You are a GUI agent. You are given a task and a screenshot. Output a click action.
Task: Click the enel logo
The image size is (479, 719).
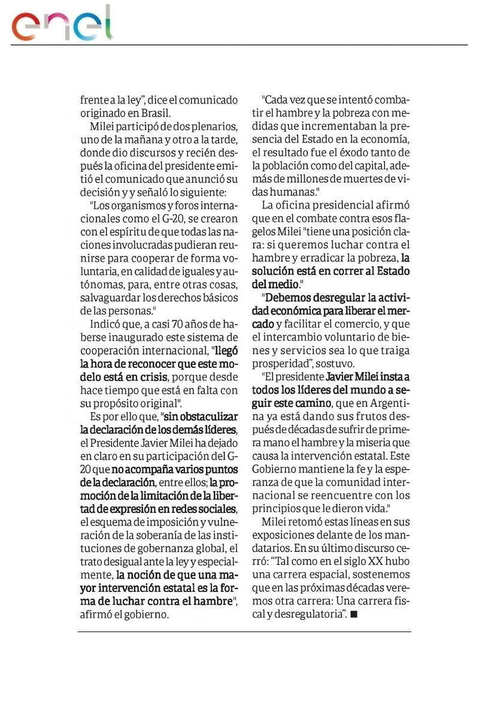[62, 23]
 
